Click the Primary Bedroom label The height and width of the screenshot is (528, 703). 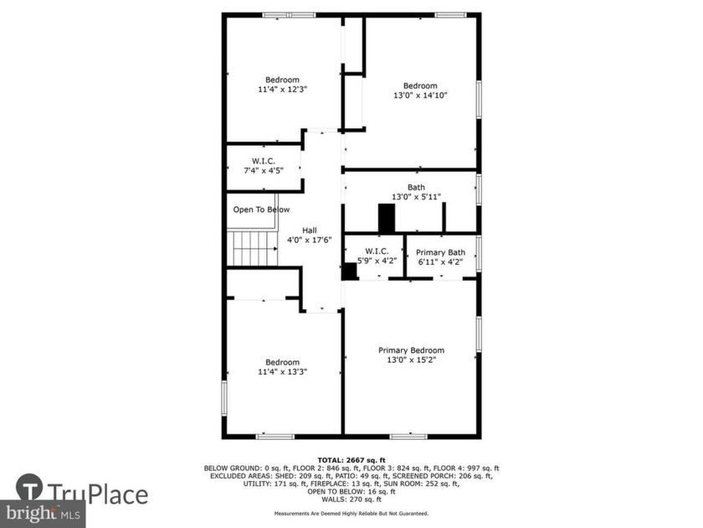[411, 350]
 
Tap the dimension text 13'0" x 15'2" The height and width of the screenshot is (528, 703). [411, 360]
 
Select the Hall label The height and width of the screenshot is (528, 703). [310, 230]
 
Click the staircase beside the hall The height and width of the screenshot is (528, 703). [254, 248]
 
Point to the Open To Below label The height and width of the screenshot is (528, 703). [261, 210]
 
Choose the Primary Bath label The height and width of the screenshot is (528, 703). [441, 252]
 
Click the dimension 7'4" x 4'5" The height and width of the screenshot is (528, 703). [264, 171]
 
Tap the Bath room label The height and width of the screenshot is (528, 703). [416, 188]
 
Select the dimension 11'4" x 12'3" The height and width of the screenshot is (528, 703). [282, 89]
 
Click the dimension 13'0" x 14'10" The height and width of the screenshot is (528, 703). [420, 96]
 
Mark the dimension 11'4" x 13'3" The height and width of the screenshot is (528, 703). [282, 371]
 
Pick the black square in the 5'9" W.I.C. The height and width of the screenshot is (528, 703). [348, 272]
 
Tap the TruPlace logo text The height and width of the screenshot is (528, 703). [96, 494]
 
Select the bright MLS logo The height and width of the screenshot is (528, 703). [42, 514]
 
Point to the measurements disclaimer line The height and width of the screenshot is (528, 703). [351, 513]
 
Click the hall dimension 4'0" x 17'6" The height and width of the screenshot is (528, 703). [310, 240]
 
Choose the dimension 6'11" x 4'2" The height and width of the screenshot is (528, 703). [441, 261]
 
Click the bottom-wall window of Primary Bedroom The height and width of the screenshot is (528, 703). [408, 436]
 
